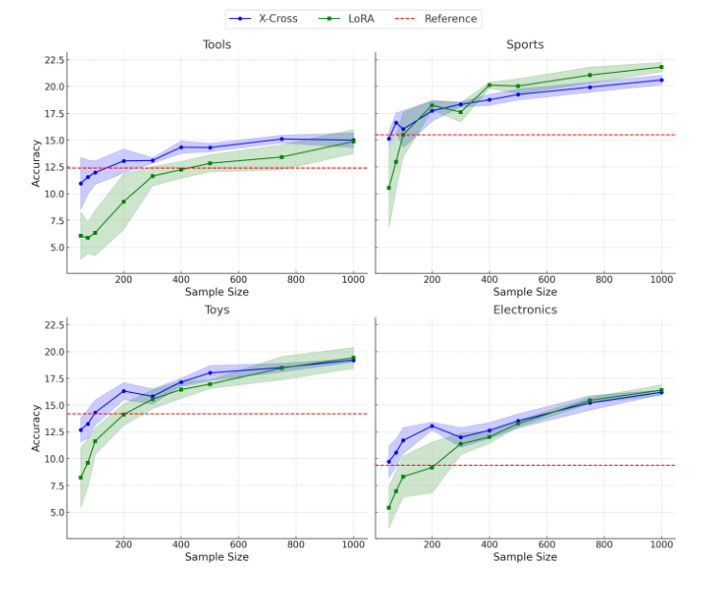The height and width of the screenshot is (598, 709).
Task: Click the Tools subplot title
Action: (217, 45)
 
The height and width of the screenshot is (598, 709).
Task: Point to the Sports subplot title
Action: (525, 45)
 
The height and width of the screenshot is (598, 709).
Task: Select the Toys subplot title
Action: (217, 310)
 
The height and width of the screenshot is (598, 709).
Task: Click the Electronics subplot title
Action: (525, 310)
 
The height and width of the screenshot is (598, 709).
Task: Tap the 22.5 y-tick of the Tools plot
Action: (50, 60)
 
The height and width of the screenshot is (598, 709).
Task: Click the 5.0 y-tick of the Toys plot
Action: (54, 513)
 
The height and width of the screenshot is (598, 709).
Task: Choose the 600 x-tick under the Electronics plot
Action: (546, 544)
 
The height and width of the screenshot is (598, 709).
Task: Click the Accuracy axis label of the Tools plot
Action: (36, 162)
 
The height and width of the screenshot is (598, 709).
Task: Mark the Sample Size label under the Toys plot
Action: (217, 557)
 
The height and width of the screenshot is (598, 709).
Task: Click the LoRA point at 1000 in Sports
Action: (661, 67)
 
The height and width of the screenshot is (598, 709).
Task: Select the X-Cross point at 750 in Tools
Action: (282, 139)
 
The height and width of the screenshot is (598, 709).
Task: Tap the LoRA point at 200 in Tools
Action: (124, 201)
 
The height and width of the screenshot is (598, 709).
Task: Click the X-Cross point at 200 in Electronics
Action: (432, 425)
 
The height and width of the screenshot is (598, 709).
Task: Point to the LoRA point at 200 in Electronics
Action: (432, 467)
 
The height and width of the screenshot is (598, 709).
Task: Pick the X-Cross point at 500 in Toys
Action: (210, 372)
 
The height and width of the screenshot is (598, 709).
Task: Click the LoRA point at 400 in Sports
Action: (490, 85)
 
